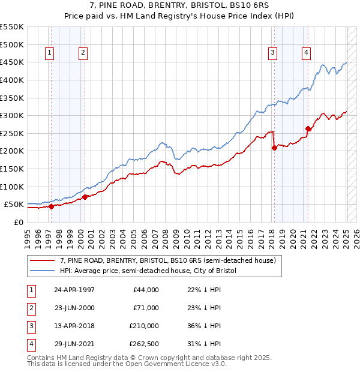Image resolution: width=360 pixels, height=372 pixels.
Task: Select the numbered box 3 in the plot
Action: pos(272,53)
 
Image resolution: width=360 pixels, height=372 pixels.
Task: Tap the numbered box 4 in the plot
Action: pos(306,53)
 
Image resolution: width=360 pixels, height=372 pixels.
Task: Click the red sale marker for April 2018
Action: pos(274,148)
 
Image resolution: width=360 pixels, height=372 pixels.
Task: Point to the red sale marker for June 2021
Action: pos(308,128)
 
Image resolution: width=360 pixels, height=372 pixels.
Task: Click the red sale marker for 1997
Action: pos(51,206)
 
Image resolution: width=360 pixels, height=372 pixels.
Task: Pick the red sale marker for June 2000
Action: pos(85,197)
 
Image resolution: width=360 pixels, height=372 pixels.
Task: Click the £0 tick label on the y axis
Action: pos(18,222)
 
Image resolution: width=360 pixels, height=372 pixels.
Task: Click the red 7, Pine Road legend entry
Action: pos(167,260)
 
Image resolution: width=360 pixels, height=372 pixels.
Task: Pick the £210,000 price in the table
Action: pos(144,326)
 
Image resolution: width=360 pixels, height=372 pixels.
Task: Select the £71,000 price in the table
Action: pos(146,308)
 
